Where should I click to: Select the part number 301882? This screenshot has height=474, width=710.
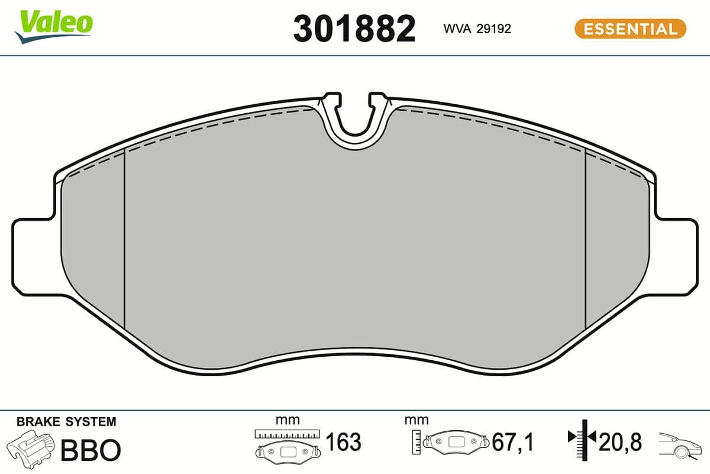tap(354, 29)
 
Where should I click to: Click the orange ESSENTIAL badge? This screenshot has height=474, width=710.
tap(630, 29)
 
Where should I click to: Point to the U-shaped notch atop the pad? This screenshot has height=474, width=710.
tap(355, 121)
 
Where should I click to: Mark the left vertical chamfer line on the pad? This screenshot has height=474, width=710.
tap(125, 237)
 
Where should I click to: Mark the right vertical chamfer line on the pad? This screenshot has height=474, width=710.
tap(585, 237)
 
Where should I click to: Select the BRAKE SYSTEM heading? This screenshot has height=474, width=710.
tap(66, 422)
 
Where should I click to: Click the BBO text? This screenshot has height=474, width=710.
tap(90, 450)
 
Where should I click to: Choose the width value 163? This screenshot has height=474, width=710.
tap(343, 442)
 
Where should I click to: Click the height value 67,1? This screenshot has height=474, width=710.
tap(514, 442)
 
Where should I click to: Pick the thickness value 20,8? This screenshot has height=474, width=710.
tap(621, 442)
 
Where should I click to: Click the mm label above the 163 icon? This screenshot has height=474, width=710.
tap(288, 420)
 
